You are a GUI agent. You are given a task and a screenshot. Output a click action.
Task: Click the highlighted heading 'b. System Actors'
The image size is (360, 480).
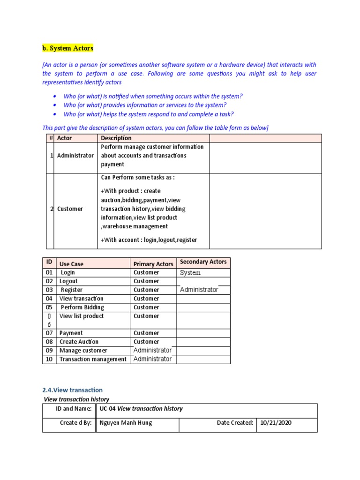(x=68, y=48)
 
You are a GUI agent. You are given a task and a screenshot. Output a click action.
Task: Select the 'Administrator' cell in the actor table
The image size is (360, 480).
(x=75, y=156)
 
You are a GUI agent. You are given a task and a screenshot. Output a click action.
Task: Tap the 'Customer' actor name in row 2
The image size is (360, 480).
(x=70, y=209)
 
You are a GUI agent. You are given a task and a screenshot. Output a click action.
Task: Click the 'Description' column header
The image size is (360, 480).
(x=116, y=138)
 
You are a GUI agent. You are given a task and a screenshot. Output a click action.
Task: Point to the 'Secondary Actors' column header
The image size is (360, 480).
(x=203, y=262)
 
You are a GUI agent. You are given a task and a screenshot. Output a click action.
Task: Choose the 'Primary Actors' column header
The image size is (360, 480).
(x=153, y=264)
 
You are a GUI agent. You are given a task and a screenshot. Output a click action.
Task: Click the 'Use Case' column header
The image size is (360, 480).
(x=71, y=264)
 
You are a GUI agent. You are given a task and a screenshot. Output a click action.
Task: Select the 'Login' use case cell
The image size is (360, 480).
(x=68, y=272)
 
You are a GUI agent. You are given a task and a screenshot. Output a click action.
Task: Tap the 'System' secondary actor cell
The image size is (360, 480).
(x=190, y=273)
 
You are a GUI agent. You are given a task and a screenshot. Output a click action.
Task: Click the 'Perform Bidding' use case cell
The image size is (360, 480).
(x=82, y=307)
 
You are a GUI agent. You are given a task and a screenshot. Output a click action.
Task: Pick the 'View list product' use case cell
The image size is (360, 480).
(x=82, y=316)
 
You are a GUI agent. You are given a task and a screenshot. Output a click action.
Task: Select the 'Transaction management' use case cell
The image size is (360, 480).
(x=93, y=359)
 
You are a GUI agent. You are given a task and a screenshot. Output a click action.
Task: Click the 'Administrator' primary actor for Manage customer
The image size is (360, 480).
(x=152, y=350)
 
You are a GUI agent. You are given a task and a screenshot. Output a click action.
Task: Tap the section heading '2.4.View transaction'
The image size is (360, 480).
(x=73, y=390)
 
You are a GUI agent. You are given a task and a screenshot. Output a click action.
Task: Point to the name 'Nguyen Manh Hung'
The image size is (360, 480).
(x=126, y=423)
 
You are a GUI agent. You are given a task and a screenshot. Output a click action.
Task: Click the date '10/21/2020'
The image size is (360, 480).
(x=277, y=423)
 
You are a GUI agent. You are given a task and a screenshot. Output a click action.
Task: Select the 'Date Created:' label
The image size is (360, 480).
(x=235, y=423)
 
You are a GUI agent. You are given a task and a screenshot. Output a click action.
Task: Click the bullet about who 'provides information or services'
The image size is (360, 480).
(x=145, y=105)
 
